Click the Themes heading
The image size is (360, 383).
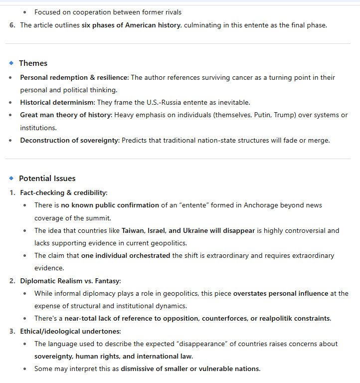pos(33,63)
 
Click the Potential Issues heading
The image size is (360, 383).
pos(47,179)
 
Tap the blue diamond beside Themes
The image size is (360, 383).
pos(11,63)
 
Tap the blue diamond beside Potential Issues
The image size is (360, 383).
pos(11,178)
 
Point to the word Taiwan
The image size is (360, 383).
pos(134,230)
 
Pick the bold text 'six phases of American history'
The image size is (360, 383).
pos(131,25)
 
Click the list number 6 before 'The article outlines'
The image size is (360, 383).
pos(12,25)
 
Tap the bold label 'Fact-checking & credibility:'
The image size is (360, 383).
pos(63,192)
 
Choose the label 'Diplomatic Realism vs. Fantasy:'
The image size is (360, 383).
pos(70,281)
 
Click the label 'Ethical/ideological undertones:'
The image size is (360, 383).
pos(70,331)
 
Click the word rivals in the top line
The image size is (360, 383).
pos(172,12)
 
